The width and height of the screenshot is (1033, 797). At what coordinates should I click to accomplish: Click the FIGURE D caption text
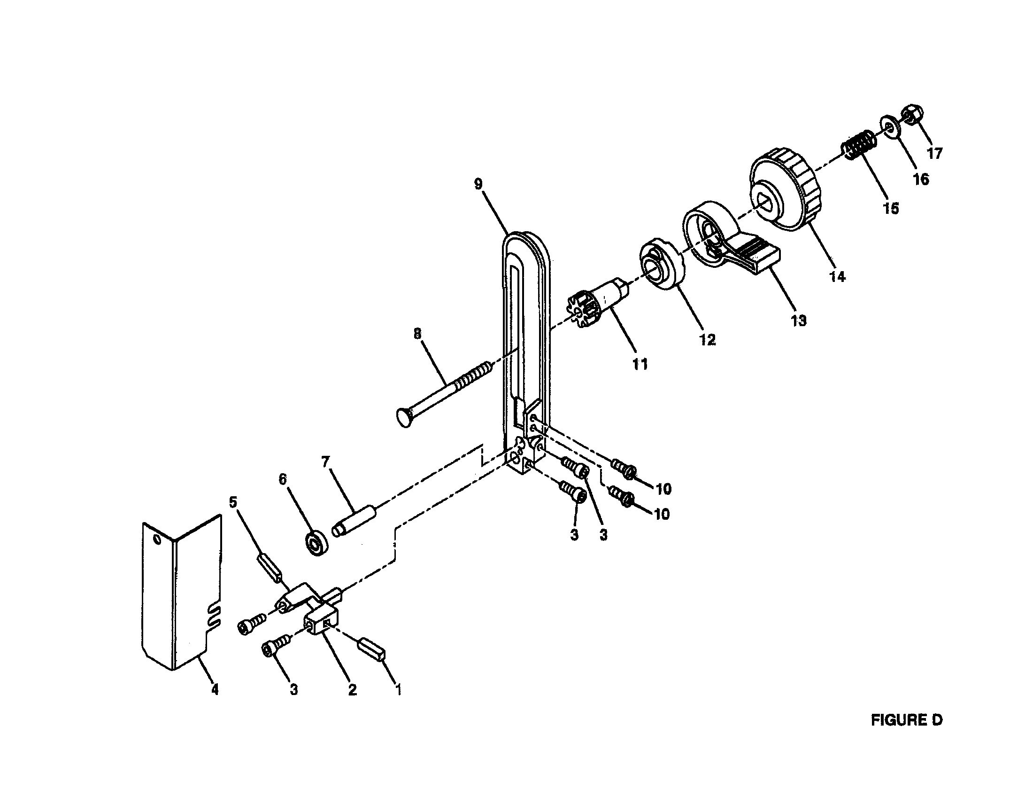906,720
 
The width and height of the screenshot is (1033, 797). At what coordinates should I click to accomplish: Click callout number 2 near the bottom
352,689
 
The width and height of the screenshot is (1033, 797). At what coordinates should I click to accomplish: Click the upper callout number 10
663,489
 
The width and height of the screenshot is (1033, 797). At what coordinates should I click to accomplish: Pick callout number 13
798,321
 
